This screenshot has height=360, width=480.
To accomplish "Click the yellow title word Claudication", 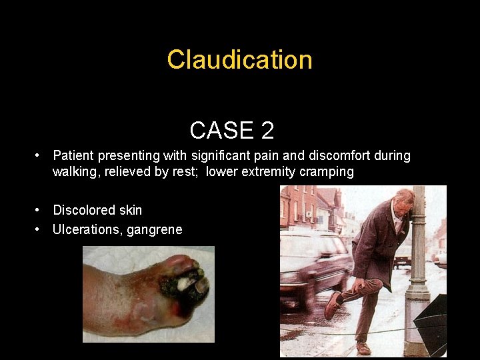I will (239, 60).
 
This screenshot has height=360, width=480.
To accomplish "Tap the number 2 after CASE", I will (267, 130).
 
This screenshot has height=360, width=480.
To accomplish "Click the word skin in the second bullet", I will (131, 211).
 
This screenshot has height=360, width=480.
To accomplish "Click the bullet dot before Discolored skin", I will (39, 211).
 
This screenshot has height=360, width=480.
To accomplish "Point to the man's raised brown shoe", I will (333, 306).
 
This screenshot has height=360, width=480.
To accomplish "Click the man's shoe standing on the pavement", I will (363, 348).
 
